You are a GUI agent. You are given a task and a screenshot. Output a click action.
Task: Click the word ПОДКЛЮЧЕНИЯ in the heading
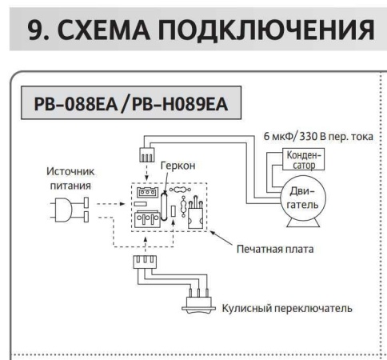click(271, 30)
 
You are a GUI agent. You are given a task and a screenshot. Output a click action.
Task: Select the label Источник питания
click(70, 178)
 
